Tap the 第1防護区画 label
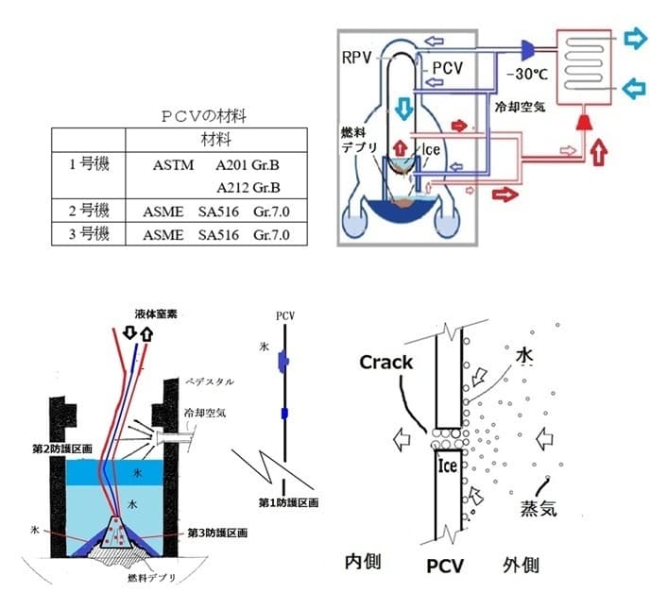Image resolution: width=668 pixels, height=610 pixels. point(284,500)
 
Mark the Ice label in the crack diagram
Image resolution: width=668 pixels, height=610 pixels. point(446,464)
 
